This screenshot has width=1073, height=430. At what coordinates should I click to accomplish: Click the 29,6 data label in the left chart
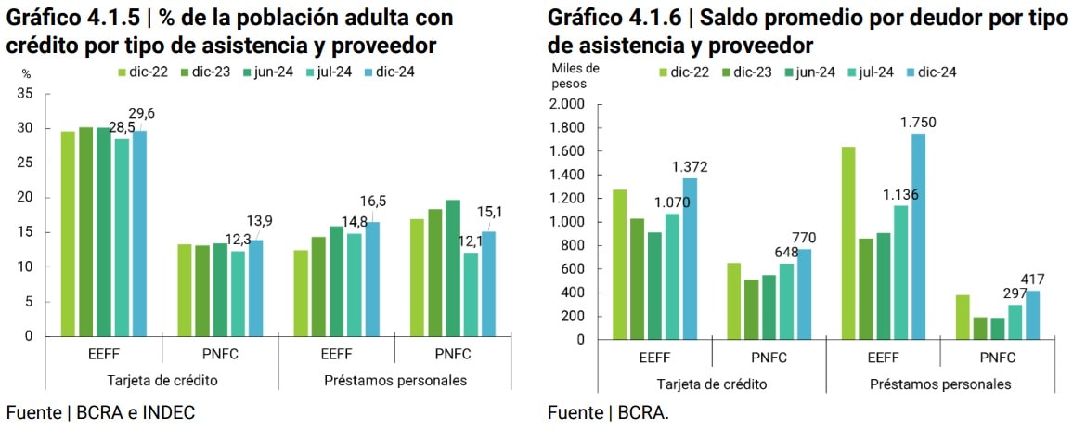click(x=142, y=113)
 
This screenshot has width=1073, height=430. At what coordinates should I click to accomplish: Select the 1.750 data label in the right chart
click(x=918, y=122)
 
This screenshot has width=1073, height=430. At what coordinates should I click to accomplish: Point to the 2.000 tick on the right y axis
click(x=566, y=104)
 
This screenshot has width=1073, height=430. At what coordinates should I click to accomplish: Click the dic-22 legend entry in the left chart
click(x=141, y=72)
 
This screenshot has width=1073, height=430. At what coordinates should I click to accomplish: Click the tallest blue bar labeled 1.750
click(x=918, y=236)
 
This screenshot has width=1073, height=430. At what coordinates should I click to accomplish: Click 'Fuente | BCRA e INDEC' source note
click(x=100, y=411)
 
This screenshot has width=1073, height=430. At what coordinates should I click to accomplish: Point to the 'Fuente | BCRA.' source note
click(x=607, y=412)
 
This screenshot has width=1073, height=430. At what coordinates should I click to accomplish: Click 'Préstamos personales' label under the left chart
click(x=395, y=380)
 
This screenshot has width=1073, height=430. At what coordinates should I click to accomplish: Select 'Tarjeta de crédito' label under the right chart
click(x=712, y=384)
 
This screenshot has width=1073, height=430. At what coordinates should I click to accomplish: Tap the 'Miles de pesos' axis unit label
click(x=575, y=75)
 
